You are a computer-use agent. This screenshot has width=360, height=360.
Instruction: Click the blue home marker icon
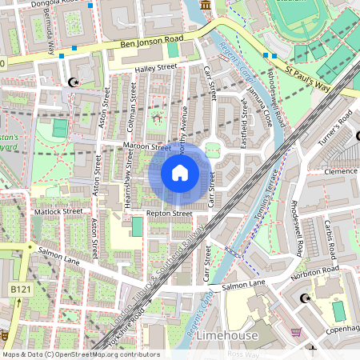(180, 172)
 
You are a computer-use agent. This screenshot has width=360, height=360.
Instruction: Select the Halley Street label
(154, 70)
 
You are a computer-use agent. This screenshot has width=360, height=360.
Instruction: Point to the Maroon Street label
(147, 147)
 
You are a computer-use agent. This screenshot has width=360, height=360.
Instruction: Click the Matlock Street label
(59, 211)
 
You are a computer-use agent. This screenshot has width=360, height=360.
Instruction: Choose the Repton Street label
(169, 214)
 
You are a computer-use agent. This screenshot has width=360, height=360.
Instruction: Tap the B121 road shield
(21, 288)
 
